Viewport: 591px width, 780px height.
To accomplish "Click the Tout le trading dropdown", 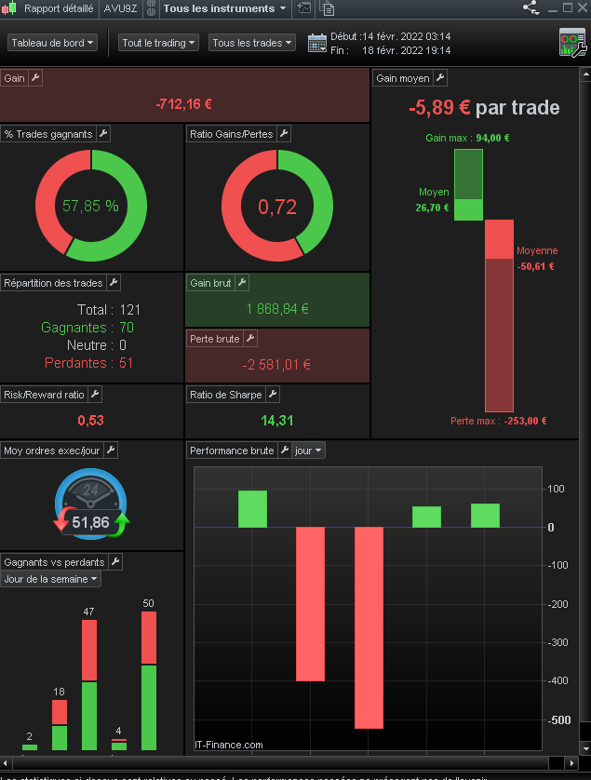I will click(x=159, y=43).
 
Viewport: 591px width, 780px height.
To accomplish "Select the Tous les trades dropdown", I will click(x=251, y=43).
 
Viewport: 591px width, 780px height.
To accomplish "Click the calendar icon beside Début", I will click(x=317, y=43).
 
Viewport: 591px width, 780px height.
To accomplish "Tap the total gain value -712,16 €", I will click(x=184, y=104).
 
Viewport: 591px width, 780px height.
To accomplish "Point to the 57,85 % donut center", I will click(x=91, y=206).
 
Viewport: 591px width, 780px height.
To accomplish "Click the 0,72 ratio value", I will click(x=277, y=207).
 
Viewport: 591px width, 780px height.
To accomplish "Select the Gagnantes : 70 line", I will click(x=87, y=328).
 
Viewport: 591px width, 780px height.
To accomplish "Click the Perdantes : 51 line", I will click(x=88, y=363).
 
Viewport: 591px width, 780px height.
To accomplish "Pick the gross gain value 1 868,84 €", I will click(x=277, y=309).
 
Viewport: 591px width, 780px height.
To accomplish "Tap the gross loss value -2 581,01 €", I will click(x=277, y=364).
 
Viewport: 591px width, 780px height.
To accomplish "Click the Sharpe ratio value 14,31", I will click(x=277, y=421).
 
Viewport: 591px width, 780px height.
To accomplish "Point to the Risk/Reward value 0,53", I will click(x=91, y=421).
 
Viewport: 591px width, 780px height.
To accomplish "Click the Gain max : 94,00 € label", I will click(x=467, y=138).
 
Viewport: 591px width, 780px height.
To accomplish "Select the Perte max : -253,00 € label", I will click(x=498, y=421).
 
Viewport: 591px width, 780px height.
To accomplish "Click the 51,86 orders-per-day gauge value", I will click(x=91, y=522).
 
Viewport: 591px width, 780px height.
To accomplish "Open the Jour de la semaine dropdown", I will click(x=51, y=579).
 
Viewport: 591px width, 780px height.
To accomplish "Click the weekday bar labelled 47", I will click(x=89, y=684).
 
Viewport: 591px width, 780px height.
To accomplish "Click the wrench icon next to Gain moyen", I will click(x=440, y=78).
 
